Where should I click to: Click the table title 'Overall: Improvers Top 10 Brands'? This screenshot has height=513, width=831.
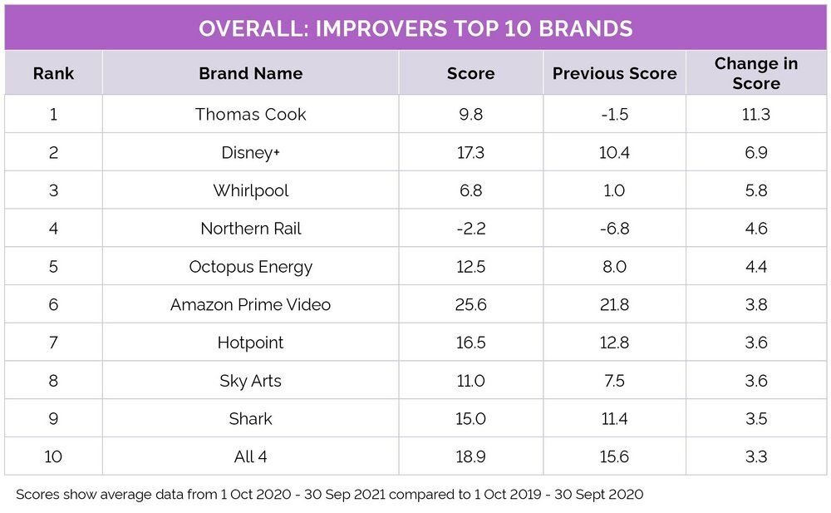tap(415, 28)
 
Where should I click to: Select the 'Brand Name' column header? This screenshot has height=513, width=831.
tap(250, 73)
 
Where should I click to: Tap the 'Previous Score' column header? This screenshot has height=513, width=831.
tap(614, 73)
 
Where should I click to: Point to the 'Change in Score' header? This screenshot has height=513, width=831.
tap(755, 73)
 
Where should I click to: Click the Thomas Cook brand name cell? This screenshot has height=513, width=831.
tap(250, 114)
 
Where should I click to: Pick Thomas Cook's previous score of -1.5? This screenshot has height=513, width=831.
tap(614, 114)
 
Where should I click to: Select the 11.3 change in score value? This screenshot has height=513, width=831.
tap(755, 114)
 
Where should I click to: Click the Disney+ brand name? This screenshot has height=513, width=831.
tap(250, 152)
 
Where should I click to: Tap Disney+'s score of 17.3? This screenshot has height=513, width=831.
tap(470, 152)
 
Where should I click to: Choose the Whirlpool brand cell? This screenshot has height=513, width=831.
tap(250, 190)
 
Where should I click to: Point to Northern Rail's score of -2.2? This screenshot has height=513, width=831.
tap(470, 229)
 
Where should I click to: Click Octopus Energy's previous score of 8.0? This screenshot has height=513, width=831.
tap(614, 267)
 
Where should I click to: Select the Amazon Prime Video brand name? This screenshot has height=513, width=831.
tap(250, 305)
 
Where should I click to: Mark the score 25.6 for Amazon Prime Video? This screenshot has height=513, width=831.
tap(470, 305)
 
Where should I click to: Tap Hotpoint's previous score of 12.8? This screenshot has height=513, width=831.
tap(614, 343)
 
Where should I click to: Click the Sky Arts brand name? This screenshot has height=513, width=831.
tap(250, 381)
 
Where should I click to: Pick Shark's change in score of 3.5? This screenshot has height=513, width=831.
tap(755, 419)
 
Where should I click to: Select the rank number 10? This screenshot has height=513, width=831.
tap(53, 457)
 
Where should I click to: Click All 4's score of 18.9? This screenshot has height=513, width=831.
tap(470, 457)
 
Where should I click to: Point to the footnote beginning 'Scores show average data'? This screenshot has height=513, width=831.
tap(329, 495)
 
